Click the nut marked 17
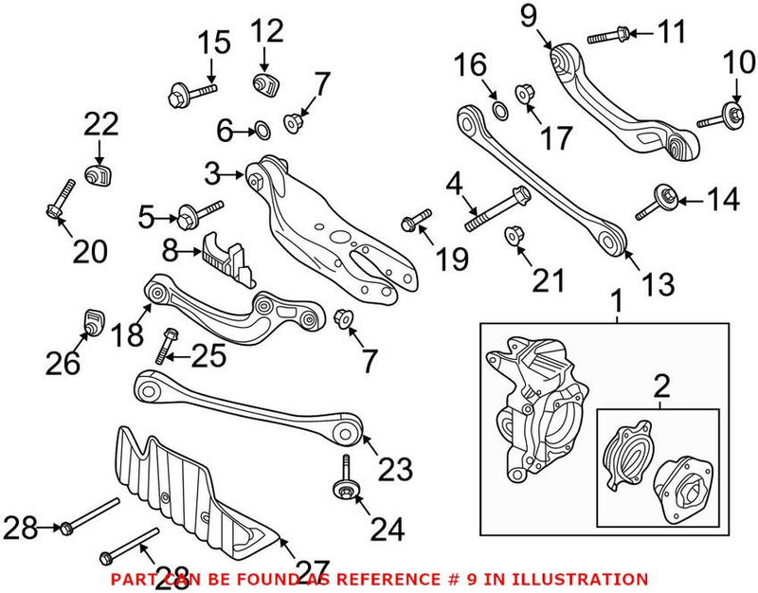pyautogui.click(x=522, y=94)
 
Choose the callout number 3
pyautogui.click(x=213, y=173)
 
